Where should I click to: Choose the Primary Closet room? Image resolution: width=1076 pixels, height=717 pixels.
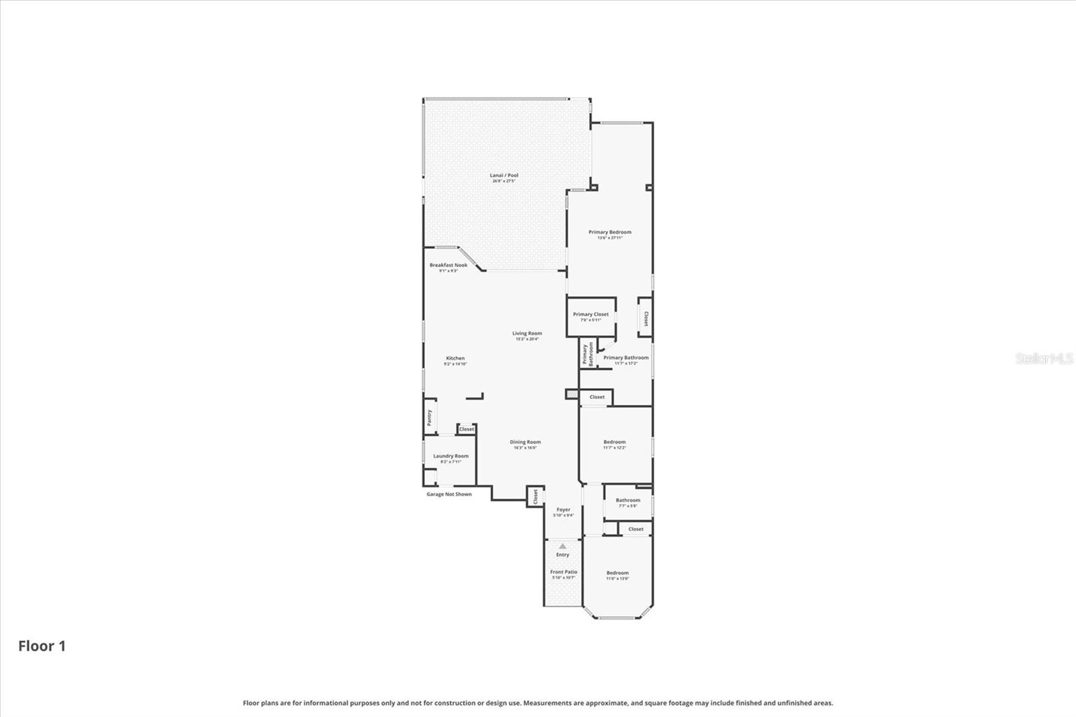590,316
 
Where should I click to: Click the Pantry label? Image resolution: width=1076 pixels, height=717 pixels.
429,417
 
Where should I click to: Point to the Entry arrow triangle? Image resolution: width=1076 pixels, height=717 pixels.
562,547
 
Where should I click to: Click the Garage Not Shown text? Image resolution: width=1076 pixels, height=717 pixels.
449,494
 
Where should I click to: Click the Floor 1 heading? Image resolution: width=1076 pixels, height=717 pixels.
42,646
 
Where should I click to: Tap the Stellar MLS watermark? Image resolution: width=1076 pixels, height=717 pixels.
1044,359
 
